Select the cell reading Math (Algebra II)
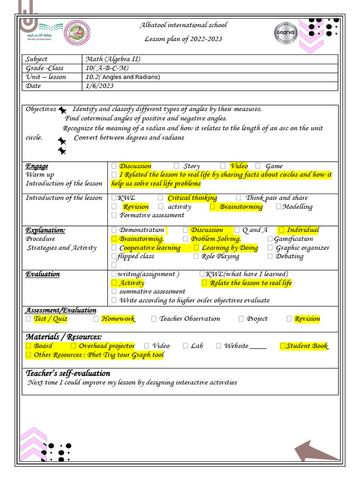[112, 59]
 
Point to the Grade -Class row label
[45, 68]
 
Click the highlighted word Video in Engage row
[239, 166]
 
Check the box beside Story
[176, 166]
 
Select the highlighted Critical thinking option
[192, 198]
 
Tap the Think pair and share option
[277, 198]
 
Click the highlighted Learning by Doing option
[229, 247]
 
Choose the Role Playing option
[220, 256]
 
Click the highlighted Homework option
[118, 319]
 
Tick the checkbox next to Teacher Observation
[154, 319]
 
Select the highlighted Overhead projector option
[106, 346]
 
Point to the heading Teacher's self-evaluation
[68, 374]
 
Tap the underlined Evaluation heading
[43, 274]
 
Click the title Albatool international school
[184, 25]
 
